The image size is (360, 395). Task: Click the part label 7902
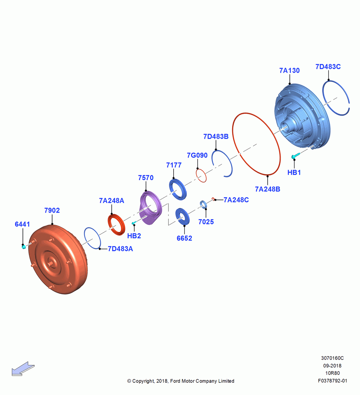(52, 211)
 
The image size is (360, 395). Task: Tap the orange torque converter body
(58, 260)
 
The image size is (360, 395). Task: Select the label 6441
(22, 224)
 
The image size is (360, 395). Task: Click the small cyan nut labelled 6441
(24, 247)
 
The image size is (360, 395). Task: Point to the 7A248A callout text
(112, 201)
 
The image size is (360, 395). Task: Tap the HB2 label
(134, 236)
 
